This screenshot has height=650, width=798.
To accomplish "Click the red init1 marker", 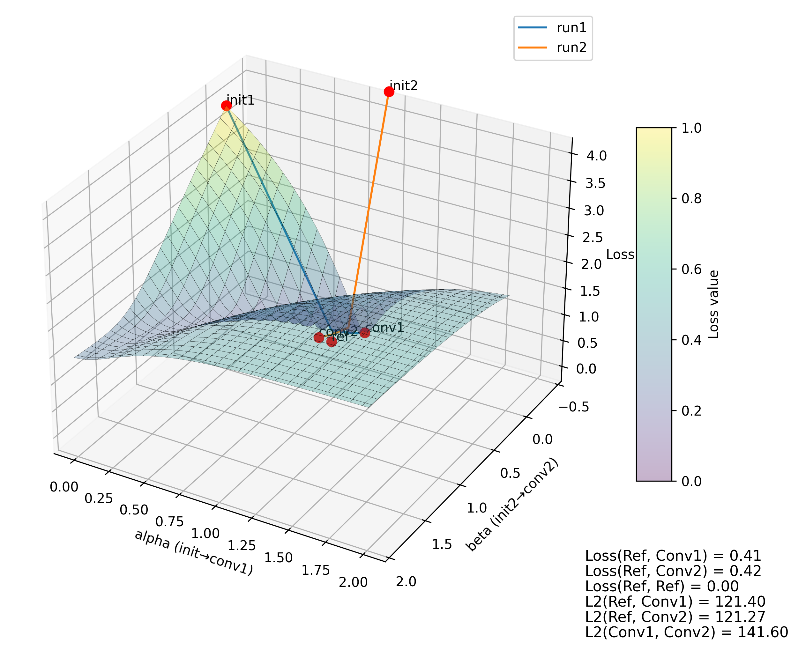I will (226, 106).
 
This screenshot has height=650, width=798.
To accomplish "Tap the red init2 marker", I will (389, 91).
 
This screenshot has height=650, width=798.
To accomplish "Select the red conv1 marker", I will (364, 332).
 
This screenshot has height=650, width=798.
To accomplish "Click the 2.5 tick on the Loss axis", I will (593, 237).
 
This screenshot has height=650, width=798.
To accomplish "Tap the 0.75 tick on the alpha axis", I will (169, 521).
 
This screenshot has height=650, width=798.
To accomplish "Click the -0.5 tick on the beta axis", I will (573, 407).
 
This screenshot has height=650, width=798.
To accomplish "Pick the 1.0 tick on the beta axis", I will (477, 508).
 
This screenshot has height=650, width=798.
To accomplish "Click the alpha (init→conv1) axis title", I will (194, 552).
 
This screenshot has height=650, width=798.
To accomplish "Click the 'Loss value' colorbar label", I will (713, 304).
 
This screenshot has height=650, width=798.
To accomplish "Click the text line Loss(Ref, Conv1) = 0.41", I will (673, 556).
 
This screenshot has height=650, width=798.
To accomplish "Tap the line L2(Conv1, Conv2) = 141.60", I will (686, 632).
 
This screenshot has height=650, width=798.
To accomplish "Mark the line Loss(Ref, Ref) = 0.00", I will (662, 586).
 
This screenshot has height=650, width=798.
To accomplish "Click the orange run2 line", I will (369, 210).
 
